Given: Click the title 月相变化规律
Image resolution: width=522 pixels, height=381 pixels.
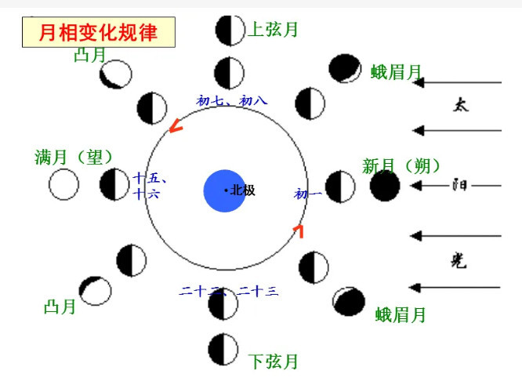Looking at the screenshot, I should pyautogui.click(x=98, y=32).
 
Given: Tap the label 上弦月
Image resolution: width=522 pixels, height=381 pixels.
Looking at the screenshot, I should pyautogui.click(x=274, y=31).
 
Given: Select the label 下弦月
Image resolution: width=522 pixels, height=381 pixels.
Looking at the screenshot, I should pyautogui.click(x=274, y=362).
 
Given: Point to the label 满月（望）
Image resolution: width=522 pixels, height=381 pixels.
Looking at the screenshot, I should pyautogui.click(x=75, y=157).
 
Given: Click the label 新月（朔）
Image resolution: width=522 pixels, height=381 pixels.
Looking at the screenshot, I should pyautogui.click(x=401, y=166).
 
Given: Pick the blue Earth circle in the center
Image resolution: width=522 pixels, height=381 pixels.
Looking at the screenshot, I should pyautogui.click(x=225, y=190).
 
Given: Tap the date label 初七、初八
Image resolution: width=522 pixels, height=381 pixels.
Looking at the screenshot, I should pyautogui.click(x=232, y=101).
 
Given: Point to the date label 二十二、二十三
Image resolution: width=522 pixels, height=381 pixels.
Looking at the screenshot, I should pyautogui.click(x=228, y=292).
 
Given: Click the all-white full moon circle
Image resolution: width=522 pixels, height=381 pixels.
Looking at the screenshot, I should pyautogui.click(x=64, y=185).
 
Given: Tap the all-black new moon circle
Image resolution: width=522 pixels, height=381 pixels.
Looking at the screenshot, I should pyautogui.click(x=385, y=186).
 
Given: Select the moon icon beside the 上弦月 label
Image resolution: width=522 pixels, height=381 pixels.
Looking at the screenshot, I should pyautogui.click(x=230, y=30).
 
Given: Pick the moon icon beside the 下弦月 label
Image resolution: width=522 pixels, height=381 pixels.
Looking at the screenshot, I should pyautogui.click(x=223, y=348).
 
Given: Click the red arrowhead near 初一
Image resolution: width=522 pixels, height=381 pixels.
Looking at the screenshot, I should pyautogui.click(x=298, y=229).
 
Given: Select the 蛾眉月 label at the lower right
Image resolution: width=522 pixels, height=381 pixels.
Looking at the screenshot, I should pyautogui.click(x=401, y=315).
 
